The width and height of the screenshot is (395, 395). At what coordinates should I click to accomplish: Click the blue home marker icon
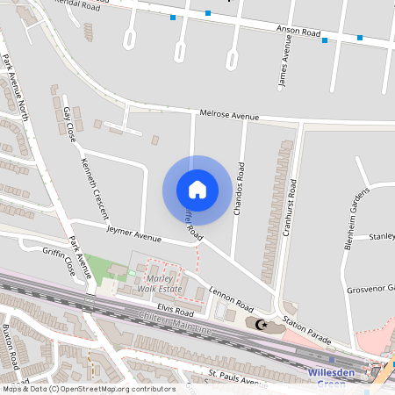(197, 189)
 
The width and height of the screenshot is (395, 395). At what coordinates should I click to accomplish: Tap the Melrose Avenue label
(229, 115)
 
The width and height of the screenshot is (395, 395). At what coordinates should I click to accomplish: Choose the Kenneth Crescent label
(95, 188)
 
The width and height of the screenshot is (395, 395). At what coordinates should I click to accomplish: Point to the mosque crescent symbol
(259, 324)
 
